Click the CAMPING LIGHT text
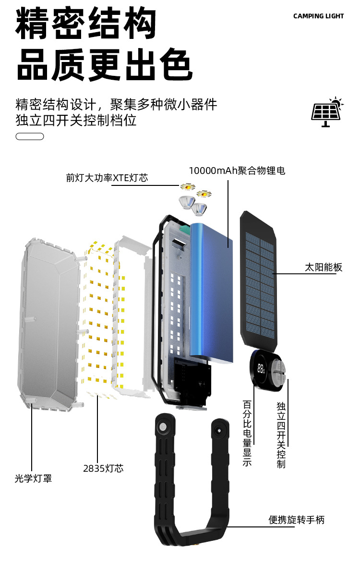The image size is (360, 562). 318,16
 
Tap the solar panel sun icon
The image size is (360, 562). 327,111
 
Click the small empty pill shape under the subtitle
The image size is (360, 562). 30,136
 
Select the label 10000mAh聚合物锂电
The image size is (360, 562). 237,171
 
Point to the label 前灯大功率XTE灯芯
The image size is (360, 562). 107,178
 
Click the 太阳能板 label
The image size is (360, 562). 324,267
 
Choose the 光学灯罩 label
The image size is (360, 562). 33,478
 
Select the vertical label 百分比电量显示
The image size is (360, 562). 248,432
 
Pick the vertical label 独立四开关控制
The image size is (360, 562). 281,435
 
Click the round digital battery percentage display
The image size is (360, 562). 262,369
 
